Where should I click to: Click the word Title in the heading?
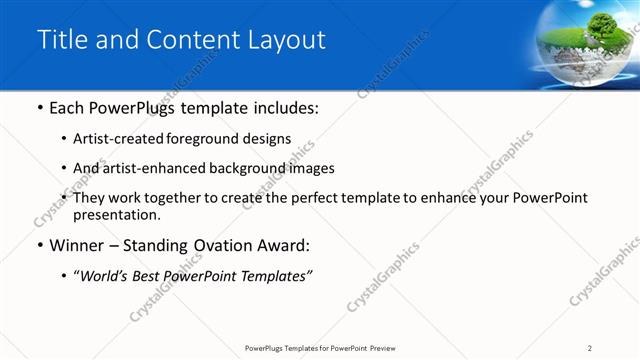pyautogui.click(x=60, y=40)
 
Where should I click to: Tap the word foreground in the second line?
pyautogui.click(x=212, y=138)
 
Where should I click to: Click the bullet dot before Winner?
pyautogui.click(x=38, y=246)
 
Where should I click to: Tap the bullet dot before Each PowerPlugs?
pyautogui.click(x=38, y=108)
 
